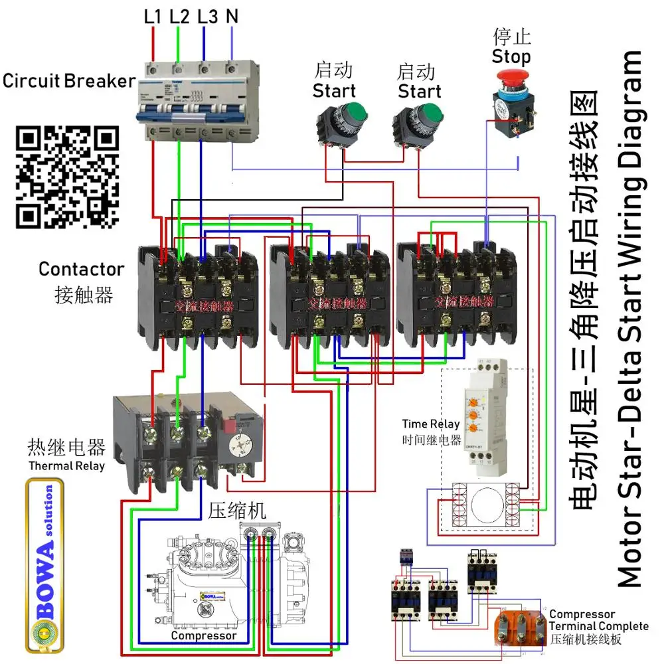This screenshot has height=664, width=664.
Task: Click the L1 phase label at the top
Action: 153,16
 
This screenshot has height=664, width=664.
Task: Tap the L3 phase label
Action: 207,16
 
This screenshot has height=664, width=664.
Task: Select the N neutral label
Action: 232,16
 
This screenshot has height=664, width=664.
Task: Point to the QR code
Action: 67,177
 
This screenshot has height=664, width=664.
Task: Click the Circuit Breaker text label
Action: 68,81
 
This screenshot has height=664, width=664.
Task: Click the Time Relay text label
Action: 430,424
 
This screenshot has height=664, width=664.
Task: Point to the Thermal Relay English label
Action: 66,465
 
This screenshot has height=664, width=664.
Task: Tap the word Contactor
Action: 81,269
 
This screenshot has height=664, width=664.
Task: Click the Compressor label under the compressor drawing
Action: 203,635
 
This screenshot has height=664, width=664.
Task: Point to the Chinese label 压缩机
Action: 237,510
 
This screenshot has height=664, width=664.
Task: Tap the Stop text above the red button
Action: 511,56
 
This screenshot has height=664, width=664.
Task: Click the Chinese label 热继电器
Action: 66,446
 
